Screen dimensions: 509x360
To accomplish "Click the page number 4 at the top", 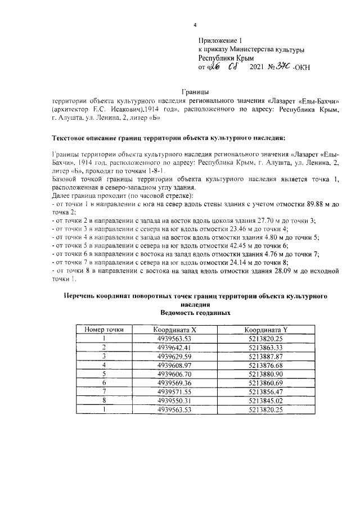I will tap(195, 25).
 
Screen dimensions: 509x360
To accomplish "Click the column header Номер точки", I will tap(104, 330).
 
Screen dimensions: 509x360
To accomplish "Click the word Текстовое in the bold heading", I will tap(71, 138).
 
